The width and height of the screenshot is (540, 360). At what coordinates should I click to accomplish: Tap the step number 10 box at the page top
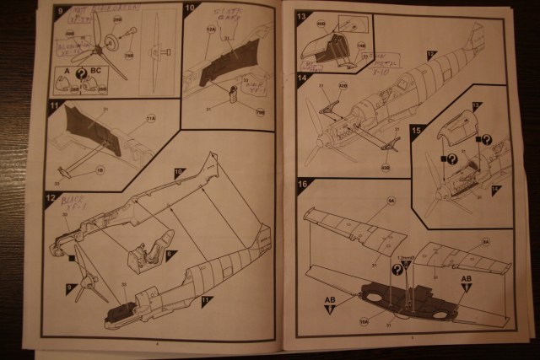pos(191,11)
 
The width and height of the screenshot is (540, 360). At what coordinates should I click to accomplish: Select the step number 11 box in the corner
pos(55,107)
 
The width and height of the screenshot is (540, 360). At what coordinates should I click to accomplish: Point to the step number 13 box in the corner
pos(302,16)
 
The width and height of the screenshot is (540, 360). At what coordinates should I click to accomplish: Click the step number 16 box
pos(302,183)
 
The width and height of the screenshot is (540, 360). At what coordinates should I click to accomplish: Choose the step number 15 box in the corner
pos(415,130)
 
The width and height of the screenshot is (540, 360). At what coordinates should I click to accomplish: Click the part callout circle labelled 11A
pos(151,122)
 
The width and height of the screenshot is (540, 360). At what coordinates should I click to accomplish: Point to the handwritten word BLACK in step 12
pos(71,201)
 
